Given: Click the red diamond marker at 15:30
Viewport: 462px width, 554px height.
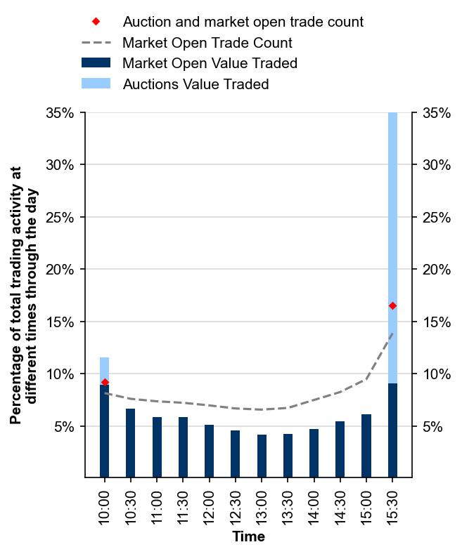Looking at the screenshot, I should click(392, 305).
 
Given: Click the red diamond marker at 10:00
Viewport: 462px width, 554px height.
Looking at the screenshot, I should click(105, 382).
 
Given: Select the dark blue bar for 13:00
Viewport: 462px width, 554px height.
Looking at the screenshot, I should click(262, 456).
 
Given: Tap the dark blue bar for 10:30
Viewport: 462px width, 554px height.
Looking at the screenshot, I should click(131, 443).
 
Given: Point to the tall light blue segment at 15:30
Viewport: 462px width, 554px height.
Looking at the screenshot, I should click(392, 211).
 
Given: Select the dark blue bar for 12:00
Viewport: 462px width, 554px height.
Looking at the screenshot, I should click(210, 451).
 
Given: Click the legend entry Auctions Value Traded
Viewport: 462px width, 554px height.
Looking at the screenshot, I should click(195, 84).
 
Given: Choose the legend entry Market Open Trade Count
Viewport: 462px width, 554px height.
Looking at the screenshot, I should click(207, 43).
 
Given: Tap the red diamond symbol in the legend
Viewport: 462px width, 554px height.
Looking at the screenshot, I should click(96, 22).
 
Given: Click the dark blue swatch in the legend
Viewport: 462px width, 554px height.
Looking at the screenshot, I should click(96, 63).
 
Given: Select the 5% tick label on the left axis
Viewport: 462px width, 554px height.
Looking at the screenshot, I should click(65, 426).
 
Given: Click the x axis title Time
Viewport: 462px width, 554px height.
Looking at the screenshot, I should click(248, 537).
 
